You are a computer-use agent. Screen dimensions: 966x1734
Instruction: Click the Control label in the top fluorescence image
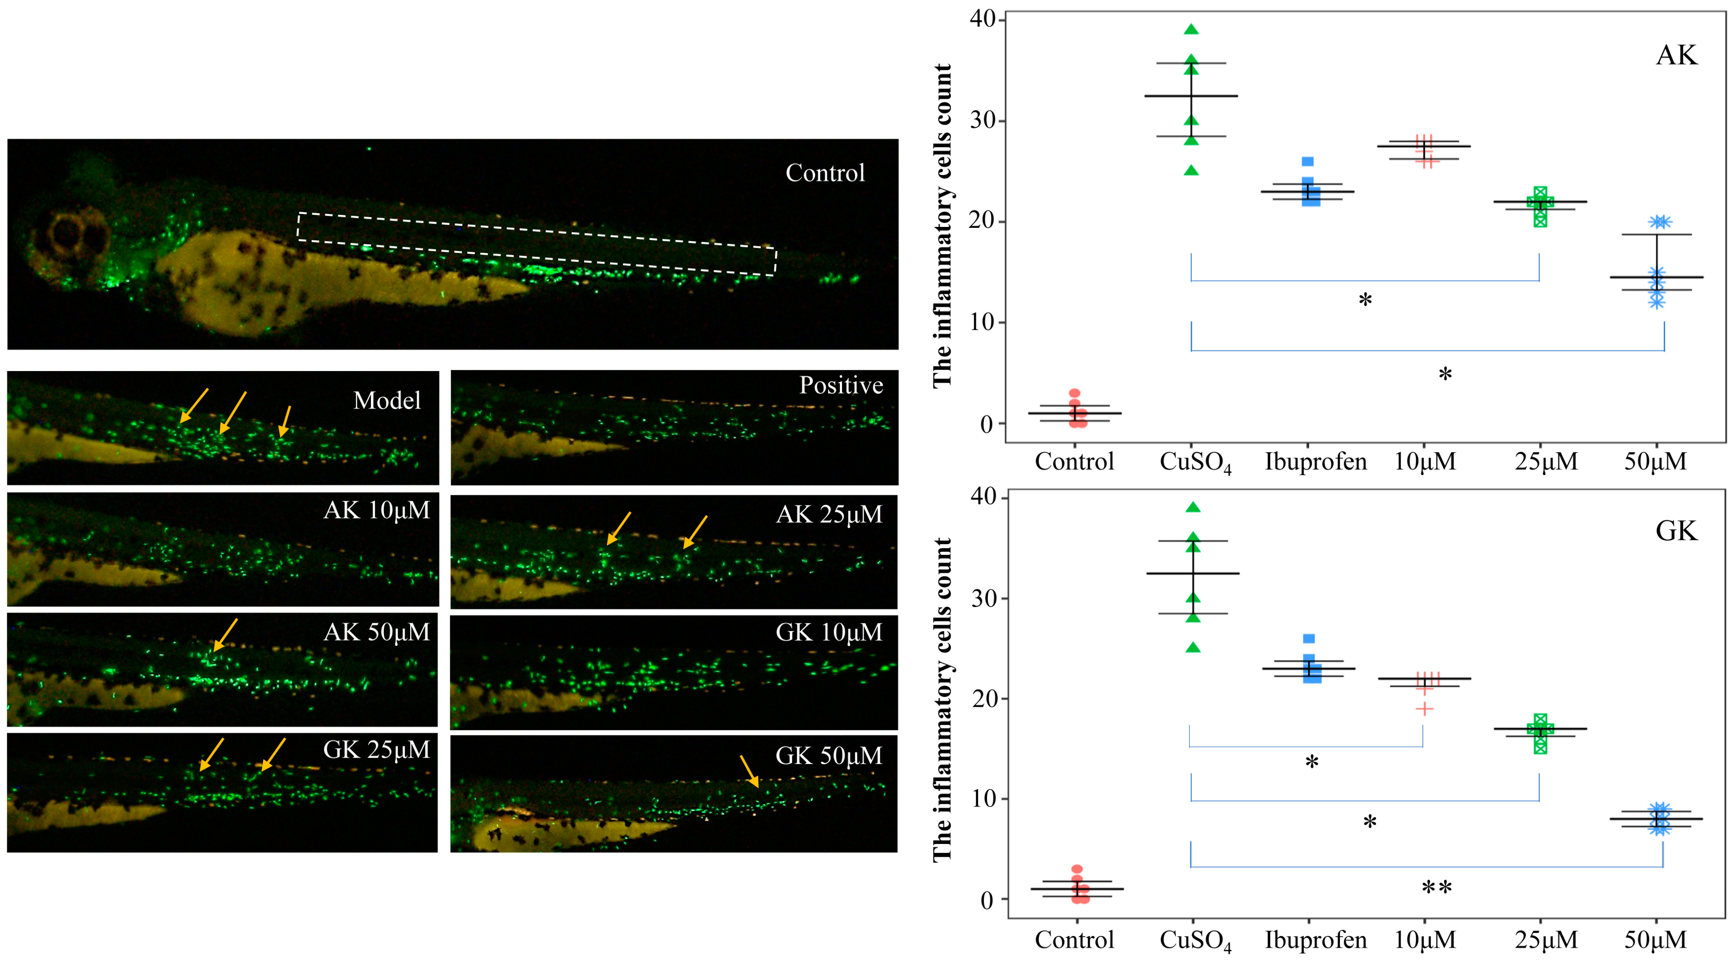tap(825, 173)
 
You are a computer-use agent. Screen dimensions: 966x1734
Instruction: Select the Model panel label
tap(387, 400)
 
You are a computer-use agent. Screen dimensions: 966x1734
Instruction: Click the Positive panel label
tap(841, 385)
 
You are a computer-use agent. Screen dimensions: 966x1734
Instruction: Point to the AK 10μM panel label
tap(376, 510)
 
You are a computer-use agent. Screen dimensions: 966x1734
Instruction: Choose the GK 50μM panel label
tap(829, 755)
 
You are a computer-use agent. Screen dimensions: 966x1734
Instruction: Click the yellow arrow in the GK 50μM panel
tap(749, 771)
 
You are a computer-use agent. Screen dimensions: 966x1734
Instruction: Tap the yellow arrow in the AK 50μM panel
tap(225, 635)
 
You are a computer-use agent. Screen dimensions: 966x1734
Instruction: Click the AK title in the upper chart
tap(1676, 55)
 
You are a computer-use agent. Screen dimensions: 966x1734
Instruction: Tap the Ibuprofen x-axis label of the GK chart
tap(1315, 940)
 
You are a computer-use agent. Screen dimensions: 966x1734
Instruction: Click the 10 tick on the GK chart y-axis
tap(984, 799)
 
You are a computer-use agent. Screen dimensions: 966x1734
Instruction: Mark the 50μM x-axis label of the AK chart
tap(1655, 462)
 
